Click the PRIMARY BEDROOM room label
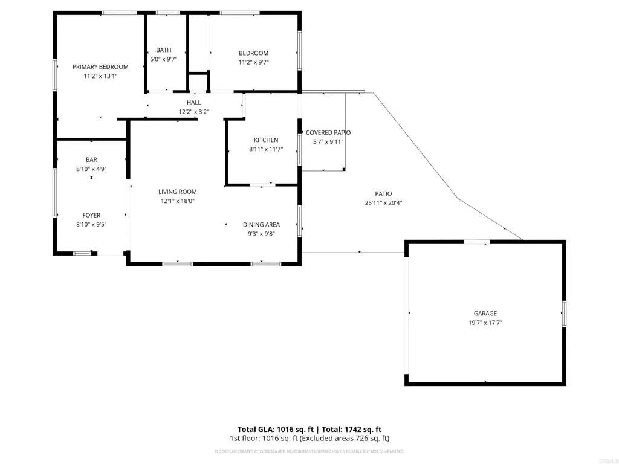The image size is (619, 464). click(x=100, y=67)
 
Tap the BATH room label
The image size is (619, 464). click(x=163, y=50)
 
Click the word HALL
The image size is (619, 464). click(x=193, y=103)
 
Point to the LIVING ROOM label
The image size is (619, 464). click(x=178, y=192)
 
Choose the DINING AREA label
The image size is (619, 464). click(x=261, y=225)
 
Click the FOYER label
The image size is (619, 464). click(x=91, y=215)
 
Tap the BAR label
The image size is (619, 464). click(x=91, y=160)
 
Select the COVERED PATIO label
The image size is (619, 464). click(x=328, y=133)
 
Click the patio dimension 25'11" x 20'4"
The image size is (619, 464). click(x=384, y=203)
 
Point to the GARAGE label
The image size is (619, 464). click(x=485, y=314)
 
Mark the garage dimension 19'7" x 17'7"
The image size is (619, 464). click(x=485, y=323)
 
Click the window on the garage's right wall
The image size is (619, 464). click(x=563, y=314)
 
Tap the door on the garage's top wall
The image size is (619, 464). click(x=476, y=242)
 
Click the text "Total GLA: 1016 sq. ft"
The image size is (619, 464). click(x=275, y=429)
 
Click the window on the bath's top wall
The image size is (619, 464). click(x=167, y=13)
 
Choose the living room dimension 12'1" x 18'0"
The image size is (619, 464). click(x=178, y=201)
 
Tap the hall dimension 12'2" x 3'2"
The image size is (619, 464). click(x=193, y=112)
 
